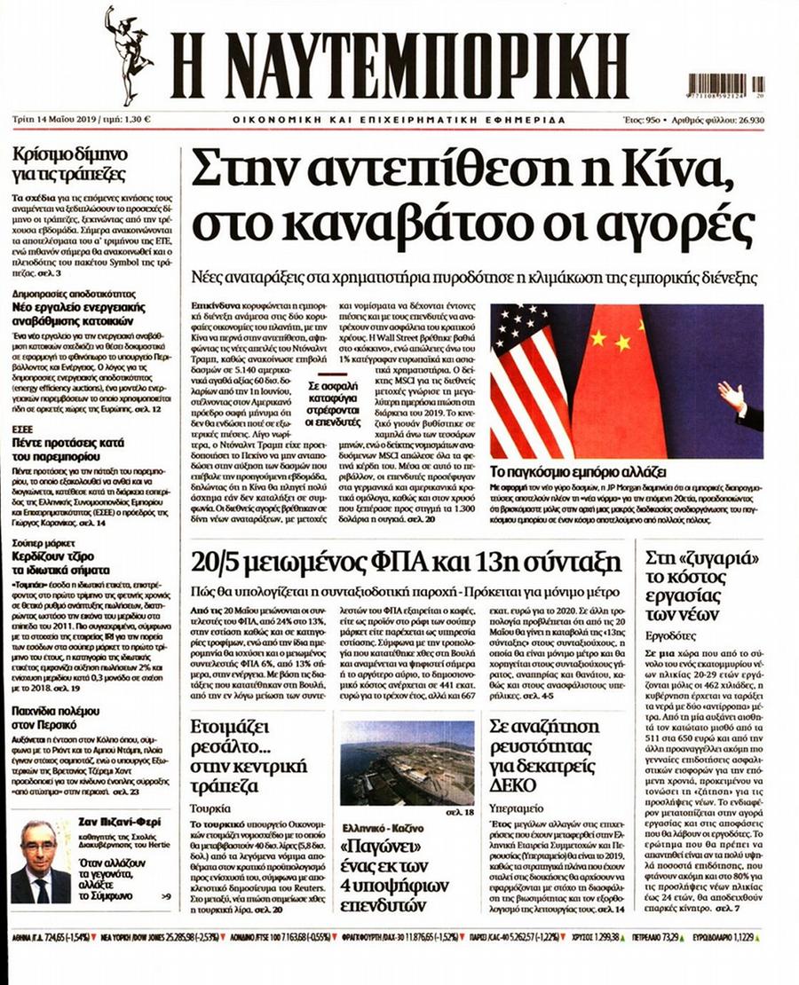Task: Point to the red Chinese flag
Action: coord(618,382)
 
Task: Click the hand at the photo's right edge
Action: coord(734,398)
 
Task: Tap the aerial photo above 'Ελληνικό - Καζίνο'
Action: coord(407,762)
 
